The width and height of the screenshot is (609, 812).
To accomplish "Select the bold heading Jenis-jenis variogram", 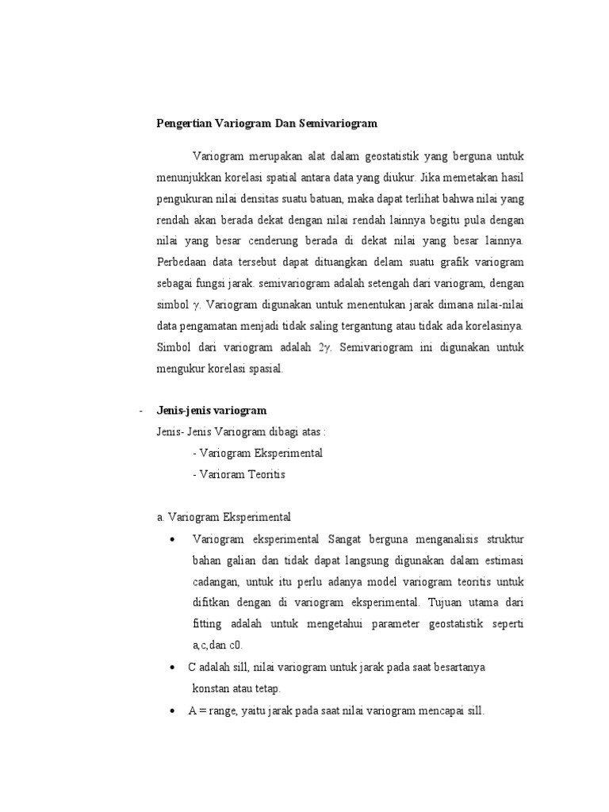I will [211, 410].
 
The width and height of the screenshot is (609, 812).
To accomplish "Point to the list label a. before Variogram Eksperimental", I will [161, 518].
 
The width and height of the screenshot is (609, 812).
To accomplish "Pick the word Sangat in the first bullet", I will [346, 539].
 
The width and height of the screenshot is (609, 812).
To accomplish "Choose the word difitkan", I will [213, 603].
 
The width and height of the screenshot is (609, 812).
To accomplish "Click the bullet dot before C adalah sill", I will [172, 668].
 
